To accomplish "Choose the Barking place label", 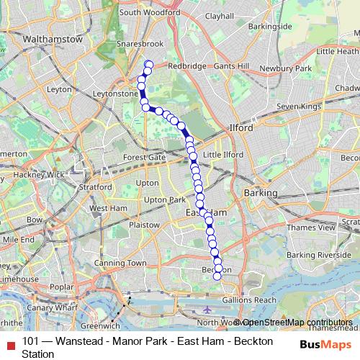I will [x=261, y=193].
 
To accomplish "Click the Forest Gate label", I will [x=144, y=157].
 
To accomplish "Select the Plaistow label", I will [x=144, y=225].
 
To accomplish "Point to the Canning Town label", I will [x=114, y=263].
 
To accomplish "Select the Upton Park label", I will [x=165, y=199].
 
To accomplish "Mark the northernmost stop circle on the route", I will [x=149, y=64].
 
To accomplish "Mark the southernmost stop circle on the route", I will [x=217, y=276].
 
